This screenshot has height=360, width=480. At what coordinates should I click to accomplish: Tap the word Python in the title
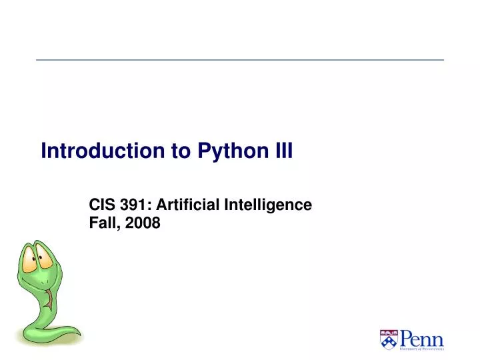click(x=225, y=152)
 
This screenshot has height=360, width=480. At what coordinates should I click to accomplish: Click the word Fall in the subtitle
click(x=101, y=223)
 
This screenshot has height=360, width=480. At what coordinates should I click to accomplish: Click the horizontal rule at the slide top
click(x=240, y=60)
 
